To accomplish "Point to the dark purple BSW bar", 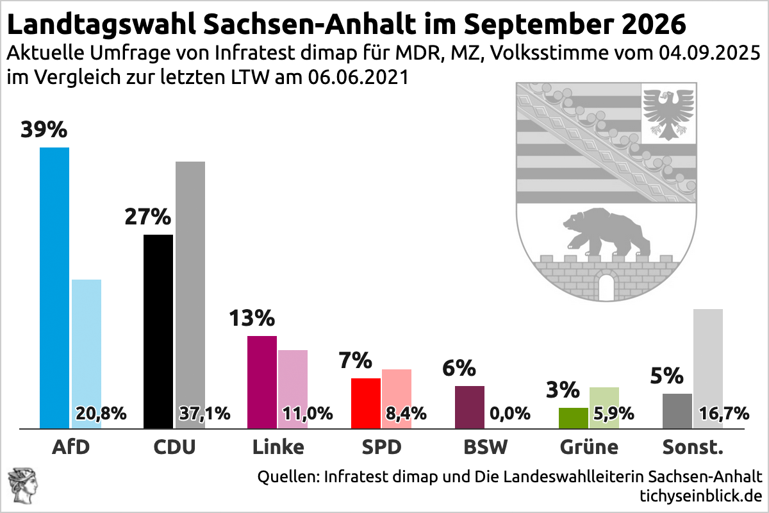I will tap(470, 407).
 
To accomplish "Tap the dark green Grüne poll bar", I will tap(574, 417).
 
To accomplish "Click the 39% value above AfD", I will tap(44, 130).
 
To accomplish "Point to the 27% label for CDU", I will tap(147, 217).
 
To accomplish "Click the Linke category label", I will tap(277, 447).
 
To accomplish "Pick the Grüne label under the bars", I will tap(589, 447).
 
